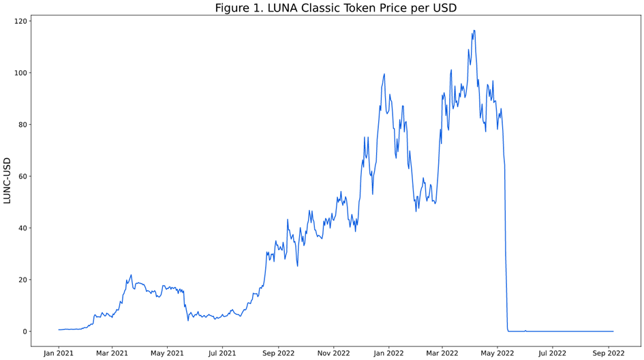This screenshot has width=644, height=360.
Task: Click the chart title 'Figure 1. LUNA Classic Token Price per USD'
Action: click(335, 8)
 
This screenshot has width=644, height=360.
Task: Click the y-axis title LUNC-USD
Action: click(7, 180)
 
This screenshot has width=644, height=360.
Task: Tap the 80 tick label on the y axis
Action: click(22, 125)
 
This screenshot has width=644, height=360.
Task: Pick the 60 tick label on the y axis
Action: click(22, 177)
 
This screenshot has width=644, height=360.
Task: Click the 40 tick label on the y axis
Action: click(22, 228)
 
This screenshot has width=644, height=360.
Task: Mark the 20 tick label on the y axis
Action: click(22, 280)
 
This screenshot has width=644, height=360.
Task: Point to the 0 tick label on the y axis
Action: click(25, 331)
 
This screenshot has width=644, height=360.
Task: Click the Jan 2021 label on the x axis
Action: click(59, 353)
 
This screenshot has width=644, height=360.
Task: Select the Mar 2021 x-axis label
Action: click(112, 353)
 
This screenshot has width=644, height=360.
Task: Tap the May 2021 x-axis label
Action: click(167, 353)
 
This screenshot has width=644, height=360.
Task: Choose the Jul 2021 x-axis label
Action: click(222, 353)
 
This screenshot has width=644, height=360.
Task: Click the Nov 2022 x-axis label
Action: click(333, 353)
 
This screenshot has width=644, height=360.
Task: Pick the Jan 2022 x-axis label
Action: click(388, 353)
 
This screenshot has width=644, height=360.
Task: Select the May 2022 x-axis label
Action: click(497, 353)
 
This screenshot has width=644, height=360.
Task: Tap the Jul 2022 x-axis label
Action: click(553, 353)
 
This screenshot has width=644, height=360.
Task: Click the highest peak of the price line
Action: click(474, 31)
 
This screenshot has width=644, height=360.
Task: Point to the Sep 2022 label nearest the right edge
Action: click(609, 353)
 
